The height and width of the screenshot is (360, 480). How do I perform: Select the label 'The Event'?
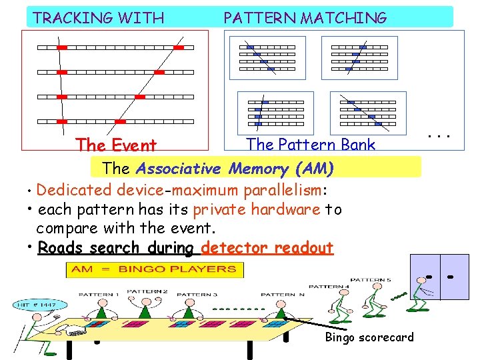pyautogui.click(x=116, y=145)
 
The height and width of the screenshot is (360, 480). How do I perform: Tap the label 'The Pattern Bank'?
pyautogui.click(x=311, y=145)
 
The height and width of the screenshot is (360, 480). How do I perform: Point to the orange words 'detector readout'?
pyautogui.click(x=267, y=248)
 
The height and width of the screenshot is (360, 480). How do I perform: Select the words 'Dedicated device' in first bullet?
pyautogui.click(x=100, y=191)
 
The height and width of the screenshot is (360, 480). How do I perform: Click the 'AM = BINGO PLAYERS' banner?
pyautogui.click(x=154, y=269)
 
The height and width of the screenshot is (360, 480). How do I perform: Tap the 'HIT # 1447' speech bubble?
pyautogui.click(x=39, y=305)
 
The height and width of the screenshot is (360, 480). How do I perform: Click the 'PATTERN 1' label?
pyautogui.click(x=99, y=294)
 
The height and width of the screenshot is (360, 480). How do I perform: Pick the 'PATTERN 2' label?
pyautogui.click(x=147, y=291)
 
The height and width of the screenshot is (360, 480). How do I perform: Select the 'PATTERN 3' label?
pyautogui.click(x=197, y=294)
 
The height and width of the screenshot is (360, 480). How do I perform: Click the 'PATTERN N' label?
pyautogui.click(x=283, y=294)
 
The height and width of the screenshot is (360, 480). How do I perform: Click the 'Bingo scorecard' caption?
pyautogui.click(x=369, y=337)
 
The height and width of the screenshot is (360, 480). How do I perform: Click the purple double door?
pyautogui.click(x=442, y=273)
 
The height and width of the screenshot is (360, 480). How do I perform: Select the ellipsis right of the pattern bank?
pyautogui.click(x=439, y=136)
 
